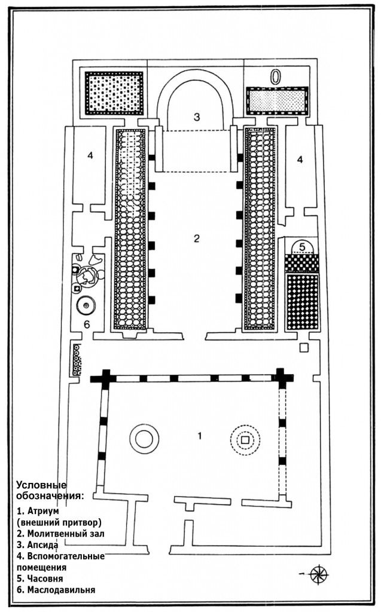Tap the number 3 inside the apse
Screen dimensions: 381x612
pos(197,117)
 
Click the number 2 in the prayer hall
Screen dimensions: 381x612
pos(197,238)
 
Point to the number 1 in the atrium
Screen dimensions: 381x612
pos(200,436)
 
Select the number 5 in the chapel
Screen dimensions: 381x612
pos(301,247)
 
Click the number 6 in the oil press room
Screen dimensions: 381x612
pos(87,324)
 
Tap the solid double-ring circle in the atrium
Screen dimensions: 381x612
pos(144,439)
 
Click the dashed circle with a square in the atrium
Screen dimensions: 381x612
pos(245,440)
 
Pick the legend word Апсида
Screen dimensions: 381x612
pos(43,545)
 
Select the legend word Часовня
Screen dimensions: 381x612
pos(45,579)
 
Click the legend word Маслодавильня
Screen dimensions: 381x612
pos(61,590)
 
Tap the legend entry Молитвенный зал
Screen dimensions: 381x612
pos(66,534)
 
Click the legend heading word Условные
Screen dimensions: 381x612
pos(41,485)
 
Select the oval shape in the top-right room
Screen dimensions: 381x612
pos(276,78)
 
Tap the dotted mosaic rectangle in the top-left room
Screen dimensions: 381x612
pos(114,93)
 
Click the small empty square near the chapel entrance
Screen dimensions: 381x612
pos(303,348)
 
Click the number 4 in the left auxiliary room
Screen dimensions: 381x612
pos(90,155)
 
